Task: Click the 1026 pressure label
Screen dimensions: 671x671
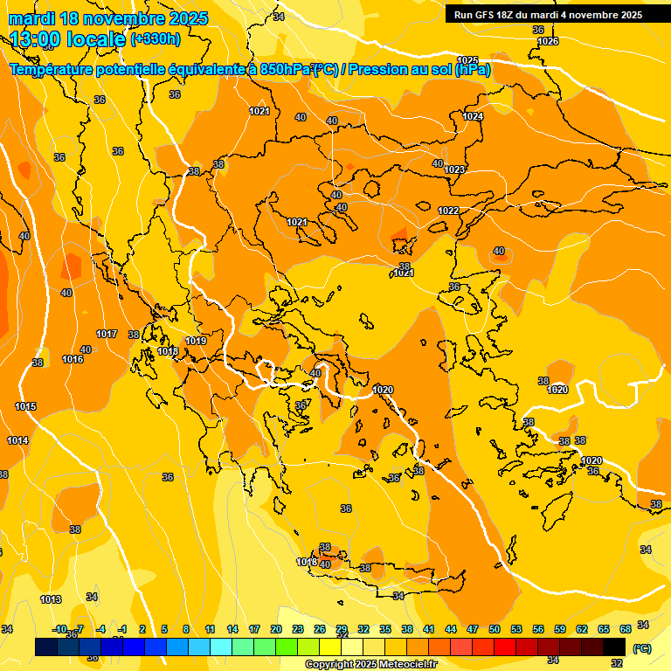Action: click(548, 41)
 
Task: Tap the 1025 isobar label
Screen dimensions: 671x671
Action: click(467, 60)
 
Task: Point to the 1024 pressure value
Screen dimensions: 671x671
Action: click(473, 116)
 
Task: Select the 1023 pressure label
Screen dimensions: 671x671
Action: click(454, 169)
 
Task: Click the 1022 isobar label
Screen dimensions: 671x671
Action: click(448, 211)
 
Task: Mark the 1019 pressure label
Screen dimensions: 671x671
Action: click(196, 341)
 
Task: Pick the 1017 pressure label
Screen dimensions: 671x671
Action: click(107, 335)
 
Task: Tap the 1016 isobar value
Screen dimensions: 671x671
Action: click(73, 359)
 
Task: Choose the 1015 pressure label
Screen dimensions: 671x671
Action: click(25, 406)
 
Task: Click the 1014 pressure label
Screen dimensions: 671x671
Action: click(17, 440)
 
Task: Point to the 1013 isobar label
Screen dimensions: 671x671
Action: click(51, 599)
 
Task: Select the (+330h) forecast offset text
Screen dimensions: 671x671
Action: click(156, 39)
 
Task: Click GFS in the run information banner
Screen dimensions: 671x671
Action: click(486, 15)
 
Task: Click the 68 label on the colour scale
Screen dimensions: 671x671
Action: click(626, 629)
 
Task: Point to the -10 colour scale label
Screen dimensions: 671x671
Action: click(59, 629)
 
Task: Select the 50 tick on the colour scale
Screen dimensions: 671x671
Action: click(495, 629)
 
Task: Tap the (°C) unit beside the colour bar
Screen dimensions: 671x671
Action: click(641, 648)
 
